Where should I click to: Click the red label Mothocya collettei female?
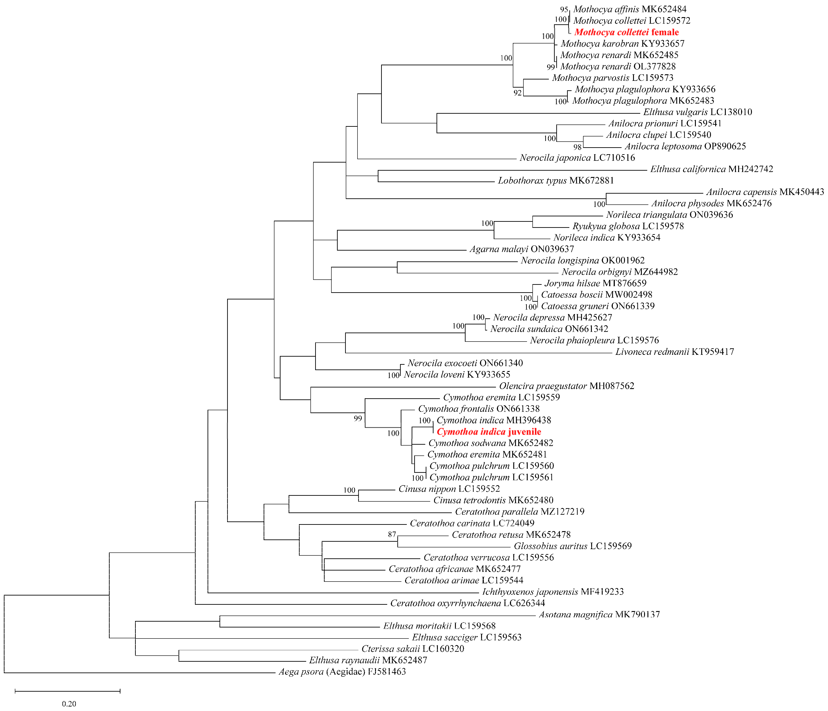[x=627, y=32]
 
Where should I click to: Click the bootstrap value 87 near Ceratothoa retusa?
[x=392, y=534]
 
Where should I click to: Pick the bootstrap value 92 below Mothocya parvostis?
[x=518, y=93]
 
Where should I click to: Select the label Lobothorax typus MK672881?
[x=555, y=181]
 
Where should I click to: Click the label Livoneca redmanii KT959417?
[x=674, y=352]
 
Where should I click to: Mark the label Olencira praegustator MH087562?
[x=566, y=386]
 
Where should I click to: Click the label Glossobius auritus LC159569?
[x=573, y=546]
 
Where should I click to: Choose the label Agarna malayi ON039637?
[x=522, y=249]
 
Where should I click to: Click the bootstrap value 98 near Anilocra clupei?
[x=577, y=147]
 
